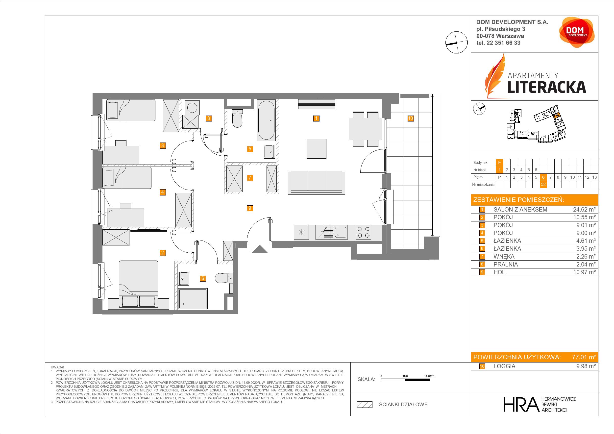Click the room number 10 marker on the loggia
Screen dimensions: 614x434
410,118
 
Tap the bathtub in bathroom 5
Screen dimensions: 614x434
266,120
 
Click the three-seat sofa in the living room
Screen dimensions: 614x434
317,182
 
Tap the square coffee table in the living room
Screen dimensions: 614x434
316,149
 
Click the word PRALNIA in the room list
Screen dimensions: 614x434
505,265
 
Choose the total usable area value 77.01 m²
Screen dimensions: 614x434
584,357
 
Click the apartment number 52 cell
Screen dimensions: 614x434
543,185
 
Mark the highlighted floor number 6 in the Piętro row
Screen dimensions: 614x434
543,177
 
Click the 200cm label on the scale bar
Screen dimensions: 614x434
429,376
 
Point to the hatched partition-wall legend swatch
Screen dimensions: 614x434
365,405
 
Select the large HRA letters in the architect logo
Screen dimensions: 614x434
520,404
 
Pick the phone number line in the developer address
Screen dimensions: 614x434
498,43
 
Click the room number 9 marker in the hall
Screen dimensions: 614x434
250,208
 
